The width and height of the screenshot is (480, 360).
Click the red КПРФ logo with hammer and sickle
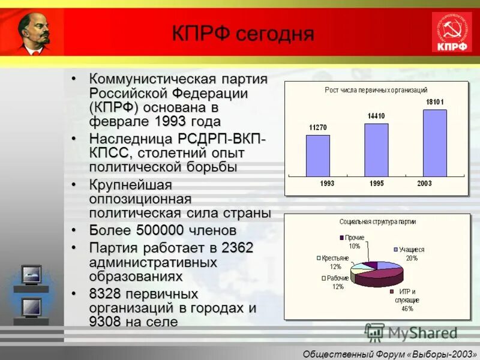pyautogui.click(x=452, y=32)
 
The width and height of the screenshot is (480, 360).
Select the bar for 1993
pyautogui.click(x=318, y=155)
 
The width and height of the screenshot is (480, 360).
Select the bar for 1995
pyautogui.click(x=376, y=150)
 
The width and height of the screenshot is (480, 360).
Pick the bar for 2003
pyautogui.click(x=434, y=143)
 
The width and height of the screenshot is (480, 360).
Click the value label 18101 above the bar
pyautogui.click(x=434, y=102)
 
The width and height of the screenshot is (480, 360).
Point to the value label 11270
pyautogui.click(x=318, y=127)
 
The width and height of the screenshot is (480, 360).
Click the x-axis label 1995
pyautogui.click(x=376, y=184)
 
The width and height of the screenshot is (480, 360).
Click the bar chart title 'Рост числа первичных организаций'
pyautogui.click(x=376, y=89)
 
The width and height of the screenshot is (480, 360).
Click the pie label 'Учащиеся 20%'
pyautogui.click(x=411, y=253)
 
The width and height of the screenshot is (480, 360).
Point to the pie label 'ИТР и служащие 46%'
pyautogui.click(x=407, y=300)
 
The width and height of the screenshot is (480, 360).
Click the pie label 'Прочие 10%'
pyautogui.click(x=354, y=242)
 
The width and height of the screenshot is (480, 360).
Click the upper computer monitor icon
pyautogui.click(x=31, y=275)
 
